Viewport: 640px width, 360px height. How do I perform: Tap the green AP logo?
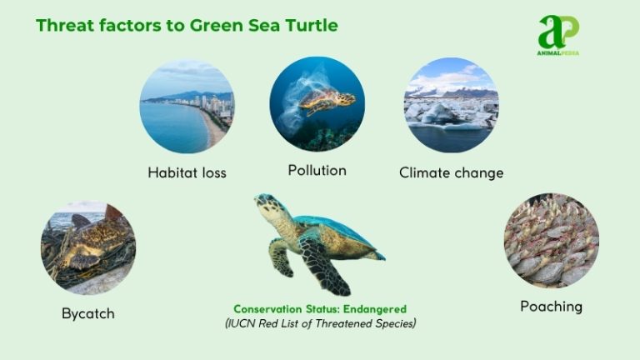(x=557, y=32)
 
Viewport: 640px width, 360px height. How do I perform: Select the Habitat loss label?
(x=187, y=173)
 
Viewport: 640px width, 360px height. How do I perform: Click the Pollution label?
(x=317, y=170)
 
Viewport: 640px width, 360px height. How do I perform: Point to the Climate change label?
(x=451, y=173)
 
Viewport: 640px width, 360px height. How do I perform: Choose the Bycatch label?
(x=87, y=313)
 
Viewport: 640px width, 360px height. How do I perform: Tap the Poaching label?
(x=551, y=307)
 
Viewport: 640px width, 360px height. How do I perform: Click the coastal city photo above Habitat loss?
(x=187, y=106)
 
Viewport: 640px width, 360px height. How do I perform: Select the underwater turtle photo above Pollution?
(x=317, y=103)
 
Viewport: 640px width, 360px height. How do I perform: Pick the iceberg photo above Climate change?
(x=451, y=105)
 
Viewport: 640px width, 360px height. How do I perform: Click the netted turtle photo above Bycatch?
(x=87, y=247)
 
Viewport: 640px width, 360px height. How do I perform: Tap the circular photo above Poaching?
(x=551, y=242)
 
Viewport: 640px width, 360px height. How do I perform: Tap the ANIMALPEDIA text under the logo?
(x=557, y=52)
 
